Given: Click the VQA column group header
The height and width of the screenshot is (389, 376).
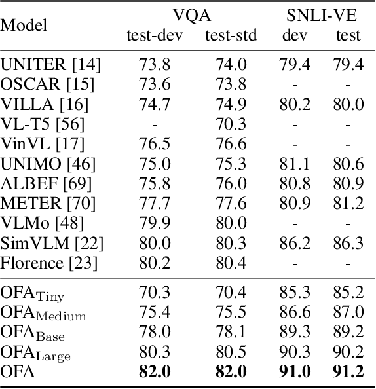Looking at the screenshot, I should [191, 14].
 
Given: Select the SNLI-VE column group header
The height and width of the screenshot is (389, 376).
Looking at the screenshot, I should [320, 14].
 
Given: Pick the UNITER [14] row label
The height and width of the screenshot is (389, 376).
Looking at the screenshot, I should [47, 64].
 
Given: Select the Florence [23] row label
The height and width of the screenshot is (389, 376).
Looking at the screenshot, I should [49, 263].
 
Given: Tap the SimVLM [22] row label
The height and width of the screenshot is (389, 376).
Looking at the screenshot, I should [52, 244].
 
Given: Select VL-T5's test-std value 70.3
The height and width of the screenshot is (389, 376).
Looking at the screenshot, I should [231, 124].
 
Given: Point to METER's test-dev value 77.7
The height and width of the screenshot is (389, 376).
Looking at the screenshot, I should [155, 203].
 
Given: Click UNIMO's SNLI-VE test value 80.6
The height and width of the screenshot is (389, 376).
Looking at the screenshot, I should [347, 163].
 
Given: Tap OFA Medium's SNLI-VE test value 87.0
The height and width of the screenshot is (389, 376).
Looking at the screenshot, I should [347, 312].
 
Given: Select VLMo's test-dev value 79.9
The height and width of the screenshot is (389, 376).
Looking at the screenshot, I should [155, 223].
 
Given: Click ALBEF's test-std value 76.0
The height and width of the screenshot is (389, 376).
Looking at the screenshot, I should [231, 183].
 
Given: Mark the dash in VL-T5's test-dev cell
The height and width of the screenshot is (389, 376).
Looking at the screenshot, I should [155, 124].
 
